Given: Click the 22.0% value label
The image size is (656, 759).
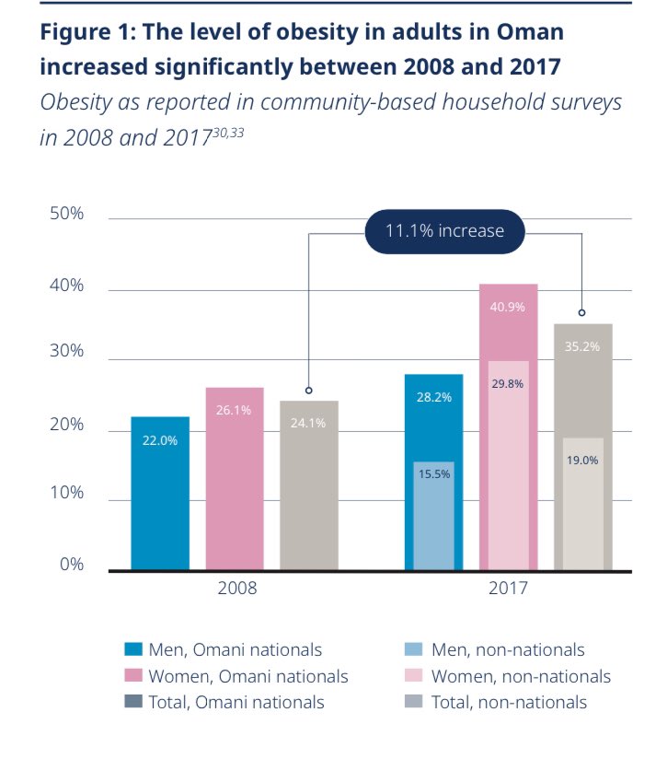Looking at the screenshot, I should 160,440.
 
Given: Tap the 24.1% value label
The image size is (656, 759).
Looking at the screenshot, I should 309,426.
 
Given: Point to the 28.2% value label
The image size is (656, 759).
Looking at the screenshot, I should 433,398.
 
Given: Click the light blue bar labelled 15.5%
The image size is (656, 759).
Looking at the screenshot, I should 433,516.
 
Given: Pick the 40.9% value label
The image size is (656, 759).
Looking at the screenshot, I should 508,307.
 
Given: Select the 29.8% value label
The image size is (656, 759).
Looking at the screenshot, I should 508,384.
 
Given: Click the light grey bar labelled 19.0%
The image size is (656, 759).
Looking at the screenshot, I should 582,507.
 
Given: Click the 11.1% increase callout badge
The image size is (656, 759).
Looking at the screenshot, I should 444,230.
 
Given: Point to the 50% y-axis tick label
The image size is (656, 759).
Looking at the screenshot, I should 66,214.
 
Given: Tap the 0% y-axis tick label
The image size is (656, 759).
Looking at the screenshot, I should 72,564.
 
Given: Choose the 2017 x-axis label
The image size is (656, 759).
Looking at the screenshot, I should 508,588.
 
